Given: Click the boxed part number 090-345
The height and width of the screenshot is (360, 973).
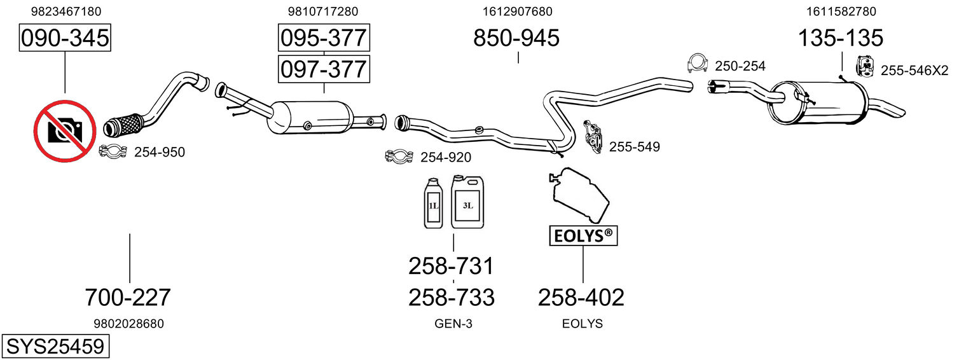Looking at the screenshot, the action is point(65,38).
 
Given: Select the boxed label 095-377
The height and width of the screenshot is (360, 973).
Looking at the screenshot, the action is point(324,38).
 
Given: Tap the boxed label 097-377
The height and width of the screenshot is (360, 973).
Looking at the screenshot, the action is point(324,69).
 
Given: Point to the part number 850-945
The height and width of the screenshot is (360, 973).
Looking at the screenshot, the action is point(516,38).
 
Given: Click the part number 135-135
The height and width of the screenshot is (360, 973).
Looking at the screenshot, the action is point(841,38).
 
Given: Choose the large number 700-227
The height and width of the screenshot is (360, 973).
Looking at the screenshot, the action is point(128,298).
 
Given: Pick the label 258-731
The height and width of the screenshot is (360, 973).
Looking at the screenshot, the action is point(452,266).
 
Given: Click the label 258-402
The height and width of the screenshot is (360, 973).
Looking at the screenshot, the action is point(581,298).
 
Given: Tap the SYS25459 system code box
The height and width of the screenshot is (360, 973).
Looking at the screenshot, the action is point(55,346).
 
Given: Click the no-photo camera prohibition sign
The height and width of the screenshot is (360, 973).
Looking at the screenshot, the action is point(65,131).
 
